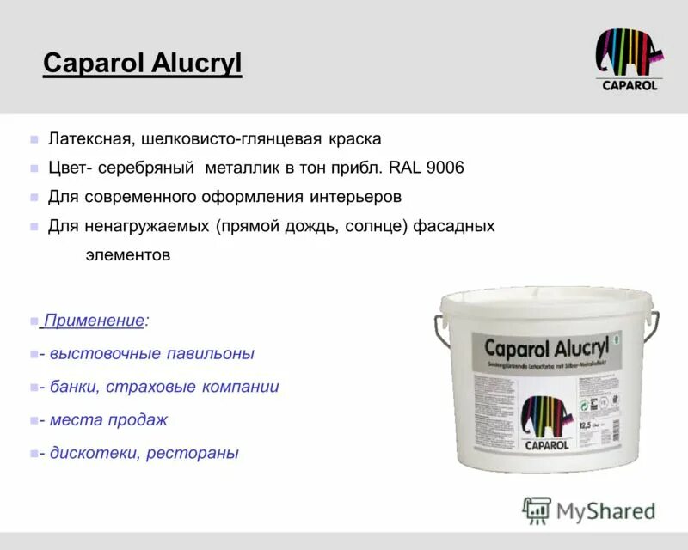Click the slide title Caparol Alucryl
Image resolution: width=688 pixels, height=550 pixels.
(x=142, y=63)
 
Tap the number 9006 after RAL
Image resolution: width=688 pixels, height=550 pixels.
(x=445, y=168)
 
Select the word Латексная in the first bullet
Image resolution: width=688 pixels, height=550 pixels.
(x=85, y=138)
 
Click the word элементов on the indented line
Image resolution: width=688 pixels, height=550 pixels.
(x=128, y=255)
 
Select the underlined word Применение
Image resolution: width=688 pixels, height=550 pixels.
(x=94, y=321)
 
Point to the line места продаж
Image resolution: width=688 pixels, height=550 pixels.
(x=107, y=420)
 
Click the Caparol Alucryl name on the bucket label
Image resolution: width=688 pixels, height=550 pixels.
(x=546, y=347)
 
